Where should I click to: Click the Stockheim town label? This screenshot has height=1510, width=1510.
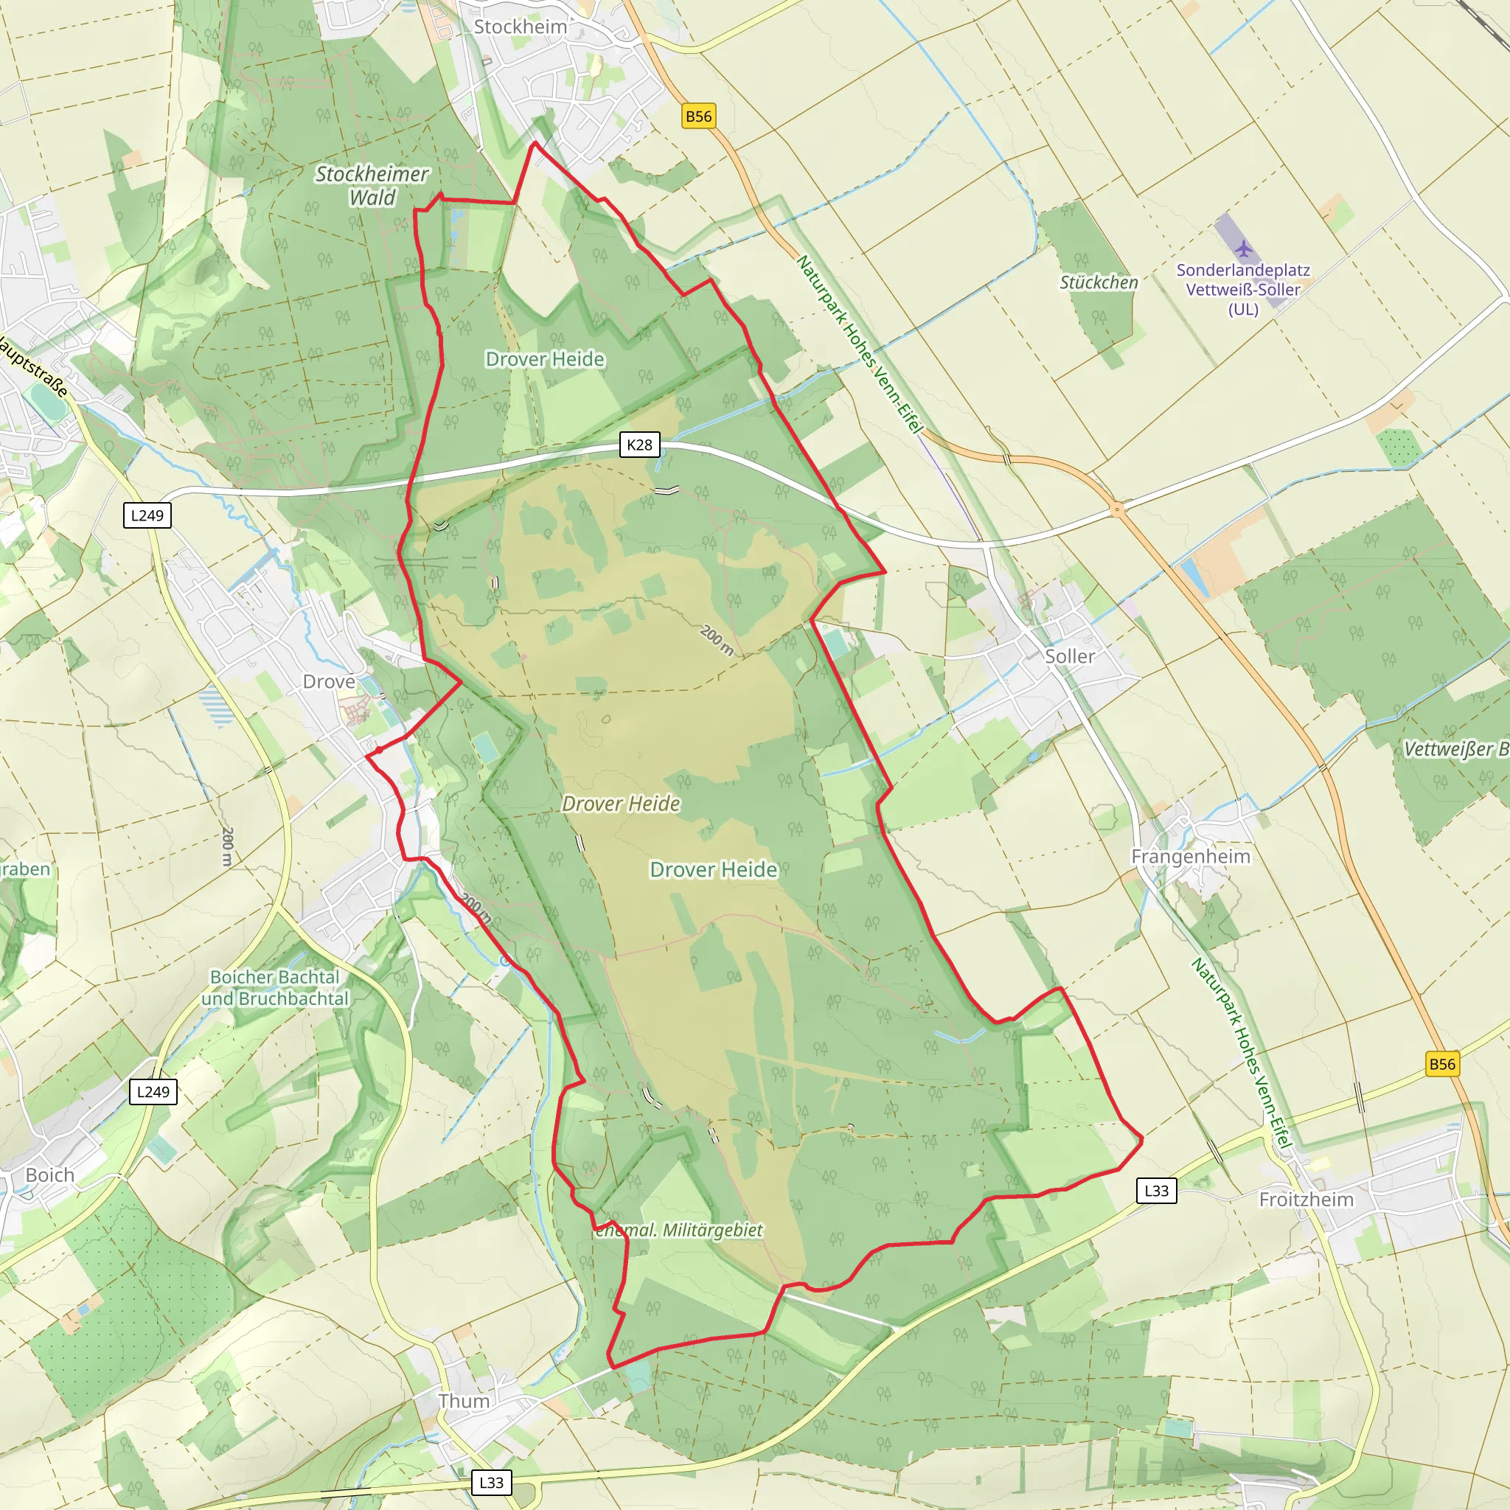pos(520,27)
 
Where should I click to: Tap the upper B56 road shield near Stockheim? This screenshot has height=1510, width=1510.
pos(698,116)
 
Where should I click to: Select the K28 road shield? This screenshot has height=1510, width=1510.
pos(639,445)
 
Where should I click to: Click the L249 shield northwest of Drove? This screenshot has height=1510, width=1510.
pos(147,515)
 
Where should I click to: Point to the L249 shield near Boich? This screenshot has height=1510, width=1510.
pos(153,1092)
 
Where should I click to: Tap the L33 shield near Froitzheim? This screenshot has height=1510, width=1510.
pos(1156,1191)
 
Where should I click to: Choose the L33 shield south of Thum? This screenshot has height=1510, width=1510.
pos(491,1483)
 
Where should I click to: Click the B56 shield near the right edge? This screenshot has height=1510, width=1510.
pos(1442,1064)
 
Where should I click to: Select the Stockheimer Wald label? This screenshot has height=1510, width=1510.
pos(372,185)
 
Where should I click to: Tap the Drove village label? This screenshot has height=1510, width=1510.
pos(328,681)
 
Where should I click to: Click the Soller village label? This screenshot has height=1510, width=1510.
pos(1069,656)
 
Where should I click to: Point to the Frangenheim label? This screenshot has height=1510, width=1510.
pos(1190,857)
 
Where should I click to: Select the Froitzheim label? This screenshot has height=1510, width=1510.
pos(1306,1199)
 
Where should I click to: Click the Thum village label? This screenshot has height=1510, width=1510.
pos(464,1402)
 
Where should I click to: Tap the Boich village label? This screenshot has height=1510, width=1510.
pos(49,1175)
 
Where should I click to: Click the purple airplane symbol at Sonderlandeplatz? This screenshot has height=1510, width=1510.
pos(1244,249)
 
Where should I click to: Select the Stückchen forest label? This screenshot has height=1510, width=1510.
pos(1098,282)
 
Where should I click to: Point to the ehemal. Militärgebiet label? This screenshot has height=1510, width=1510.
pos(678,1231)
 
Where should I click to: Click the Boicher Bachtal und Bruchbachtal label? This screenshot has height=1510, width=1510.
pos(275,988)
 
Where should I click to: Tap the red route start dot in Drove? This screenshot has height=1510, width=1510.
pos(378,751)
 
